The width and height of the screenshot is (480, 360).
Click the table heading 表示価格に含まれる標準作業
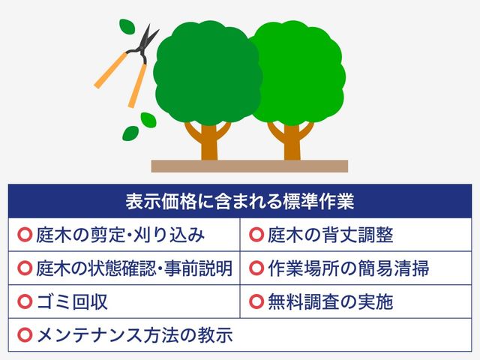click(x=240, y=201)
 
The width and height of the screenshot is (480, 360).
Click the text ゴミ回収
click(x=72, y=301)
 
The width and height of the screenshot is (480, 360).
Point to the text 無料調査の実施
click(x=330, y=301)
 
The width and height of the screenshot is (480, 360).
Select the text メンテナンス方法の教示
click(x=134, y=335)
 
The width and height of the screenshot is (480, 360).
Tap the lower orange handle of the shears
click(x=137, y=85)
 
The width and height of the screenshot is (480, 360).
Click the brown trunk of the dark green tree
click(x=209, y=142)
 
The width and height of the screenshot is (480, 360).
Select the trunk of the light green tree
click(x=292, y=142)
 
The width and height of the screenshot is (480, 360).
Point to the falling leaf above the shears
click(x=127, y=26)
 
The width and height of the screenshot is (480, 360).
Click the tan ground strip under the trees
click(x=250, y=166)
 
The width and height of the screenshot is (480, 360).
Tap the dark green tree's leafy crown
click(x=207, y=73)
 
